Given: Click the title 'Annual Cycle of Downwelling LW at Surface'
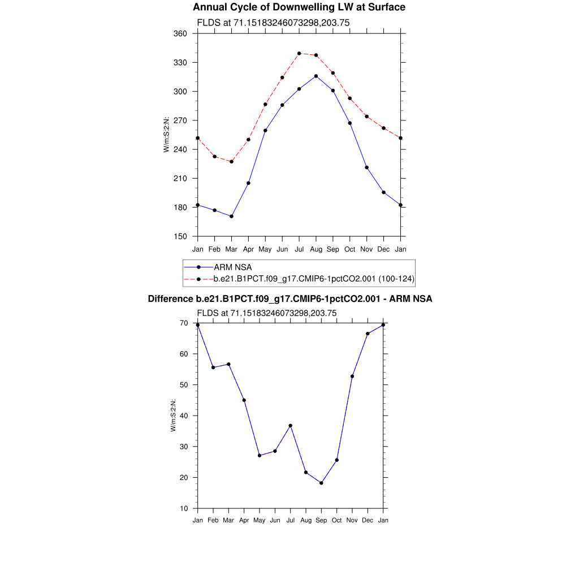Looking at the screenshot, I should click(x=299, y=7).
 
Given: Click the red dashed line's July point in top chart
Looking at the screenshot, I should click(x=299, y=53).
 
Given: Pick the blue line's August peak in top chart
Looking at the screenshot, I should click(x=316, y=76).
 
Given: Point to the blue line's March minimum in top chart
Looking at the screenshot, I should click(x=231, y=217).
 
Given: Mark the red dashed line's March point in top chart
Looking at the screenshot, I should click(x=231, y=162).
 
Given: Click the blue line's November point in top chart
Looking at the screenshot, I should click(x=367, y=167).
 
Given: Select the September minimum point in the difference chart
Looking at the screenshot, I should click(x=321, y=483).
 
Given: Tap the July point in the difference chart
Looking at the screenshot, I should click(x=291, y=426).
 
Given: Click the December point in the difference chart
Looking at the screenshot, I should click(x=368, y=334).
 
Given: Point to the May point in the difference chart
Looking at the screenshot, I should click(x=260, y=456).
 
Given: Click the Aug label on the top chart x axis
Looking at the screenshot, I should click(x=316, y=249).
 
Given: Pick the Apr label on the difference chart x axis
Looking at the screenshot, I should click(x=244, y=520).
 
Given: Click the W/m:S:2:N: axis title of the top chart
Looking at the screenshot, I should click(x=166, y=135).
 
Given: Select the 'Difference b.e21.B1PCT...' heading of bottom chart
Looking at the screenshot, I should click(x=290, y=299).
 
